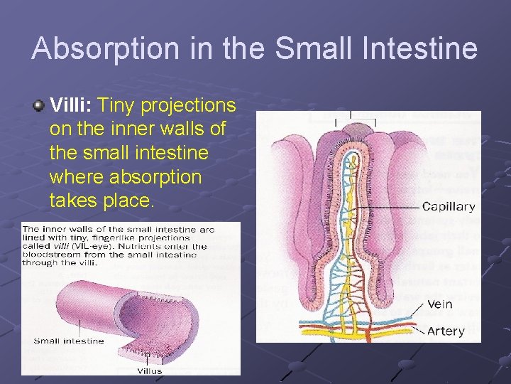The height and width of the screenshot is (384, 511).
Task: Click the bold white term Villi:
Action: [72, 106]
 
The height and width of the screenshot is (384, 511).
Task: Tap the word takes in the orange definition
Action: [72, 200]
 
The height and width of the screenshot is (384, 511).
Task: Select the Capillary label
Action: [448, 207]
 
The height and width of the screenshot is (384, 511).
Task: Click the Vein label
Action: [441, 304]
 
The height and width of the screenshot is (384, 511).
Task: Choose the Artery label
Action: [446, 331]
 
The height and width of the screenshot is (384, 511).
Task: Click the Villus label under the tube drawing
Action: [150, 370]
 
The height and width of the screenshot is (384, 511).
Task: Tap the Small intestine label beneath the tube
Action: [69, 341]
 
